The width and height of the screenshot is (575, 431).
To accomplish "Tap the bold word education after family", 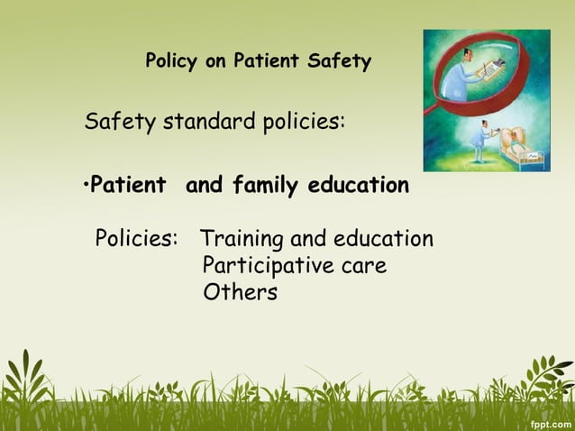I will pyautogui.click(x=358, y=186).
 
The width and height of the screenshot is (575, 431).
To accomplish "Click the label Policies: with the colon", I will pyautogui.click(x=137, y=239).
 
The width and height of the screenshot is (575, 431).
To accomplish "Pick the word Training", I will pyautogui.click(x=241, y=239).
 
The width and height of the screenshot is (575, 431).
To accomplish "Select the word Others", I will pyautogui.click(x=240, y=292).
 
